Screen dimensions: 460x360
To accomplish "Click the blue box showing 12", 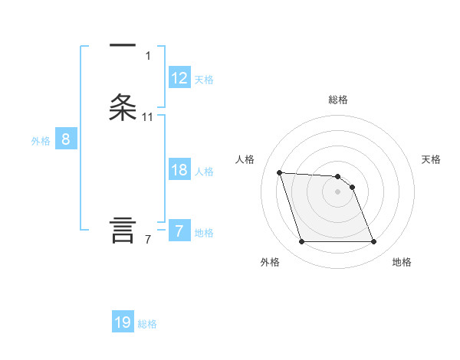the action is [x=179, y=78].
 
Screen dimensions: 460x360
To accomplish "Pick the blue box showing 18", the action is [x=179, y=170].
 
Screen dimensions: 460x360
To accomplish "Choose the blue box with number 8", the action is [x=65, y=139].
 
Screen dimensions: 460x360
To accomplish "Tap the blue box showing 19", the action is [x=123, y=322].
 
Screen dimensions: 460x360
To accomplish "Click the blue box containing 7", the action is [x=179, y=231].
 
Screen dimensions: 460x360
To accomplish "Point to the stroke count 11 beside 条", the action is [x=148, y=117].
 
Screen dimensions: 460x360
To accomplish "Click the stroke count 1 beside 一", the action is [x=148, y=56].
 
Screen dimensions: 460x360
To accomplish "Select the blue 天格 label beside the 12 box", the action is [x=204, y=80].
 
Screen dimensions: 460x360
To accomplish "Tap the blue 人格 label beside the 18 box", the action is [x=204, y=172].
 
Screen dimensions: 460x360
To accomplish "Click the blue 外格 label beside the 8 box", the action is [x=41, y=141].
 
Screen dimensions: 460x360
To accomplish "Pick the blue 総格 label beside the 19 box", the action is [x=147, y=324].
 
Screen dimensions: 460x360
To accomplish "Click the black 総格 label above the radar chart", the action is [x=338, y=100].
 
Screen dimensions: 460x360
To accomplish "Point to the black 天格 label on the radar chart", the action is [x=432, y=159].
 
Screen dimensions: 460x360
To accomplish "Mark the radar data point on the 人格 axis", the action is [x=279, y=172].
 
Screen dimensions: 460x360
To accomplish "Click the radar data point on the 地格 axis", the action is [x=373, y=242].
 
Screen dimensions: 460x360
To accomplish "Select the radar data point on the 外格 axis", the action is [x=301, y=242].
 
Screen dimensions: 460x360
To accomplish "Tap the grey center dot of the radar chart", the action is [x=337, y=191].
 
